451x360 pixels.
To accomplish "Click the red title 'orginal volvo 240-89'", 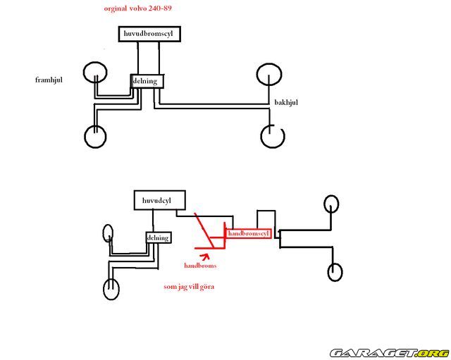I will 137,9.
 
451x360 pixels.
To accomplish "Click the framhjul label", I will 49,80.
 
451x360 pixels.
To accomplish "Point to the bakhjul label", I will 286,102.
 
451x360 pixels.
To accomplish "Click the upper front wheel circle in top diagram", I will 94,72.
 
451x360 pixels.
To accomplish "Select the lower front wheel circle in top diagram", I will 95,136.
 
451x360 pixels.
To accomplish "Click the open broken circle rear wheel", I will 271,136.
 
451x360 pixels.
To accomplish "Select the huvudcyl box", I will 154,201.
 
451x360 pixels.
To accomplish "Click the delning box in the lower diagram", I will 158,237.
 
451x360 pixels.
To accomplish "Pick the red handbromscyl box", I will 248,232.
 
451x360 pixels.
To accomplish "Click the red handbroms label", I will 200,266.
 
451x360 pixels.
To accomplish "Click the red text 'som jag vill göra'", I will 188,287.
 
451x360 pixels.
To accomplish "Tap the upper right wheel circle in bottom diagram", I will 333,204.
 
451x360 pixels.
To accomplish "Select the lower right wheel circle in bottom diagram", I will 335,271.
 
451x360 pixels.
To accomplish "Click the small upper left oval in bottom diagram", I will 108,233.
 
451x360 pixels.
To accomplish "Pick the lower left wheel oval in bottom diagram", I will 111,289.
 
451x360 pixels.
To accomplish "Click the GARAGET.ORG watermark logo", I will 389,352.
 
